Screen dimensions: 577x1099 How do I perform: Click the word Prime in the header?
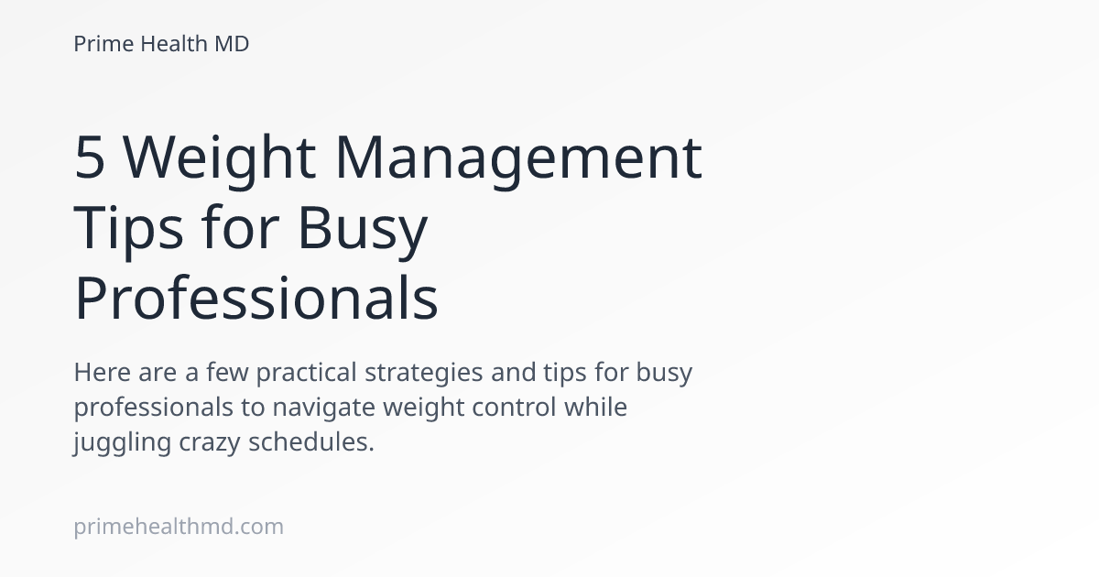coord(103,43)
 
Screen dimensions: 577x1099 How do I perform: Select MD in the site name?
coord(233,43)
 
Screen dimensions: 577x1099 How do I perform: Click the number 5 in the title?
coord(89,158)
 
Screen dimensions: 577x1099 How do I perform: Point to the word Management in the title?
coord(517,158)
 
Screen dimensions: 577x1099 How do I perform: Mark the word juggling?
coord(114,441)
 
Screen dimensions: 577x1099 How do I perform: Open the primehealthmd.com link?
coord(179,527)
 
